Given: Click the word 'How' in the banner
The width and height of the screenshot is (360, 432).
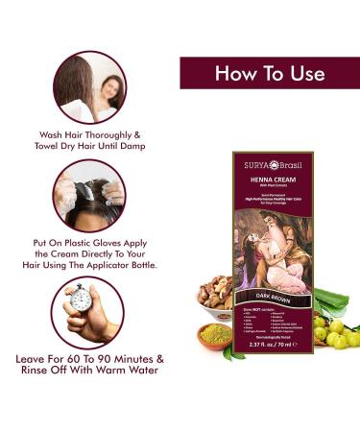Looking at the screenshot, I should [237, 74].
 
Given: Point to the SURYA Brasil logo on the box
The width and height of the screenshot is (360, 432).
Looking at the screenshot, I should [271, 165].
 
